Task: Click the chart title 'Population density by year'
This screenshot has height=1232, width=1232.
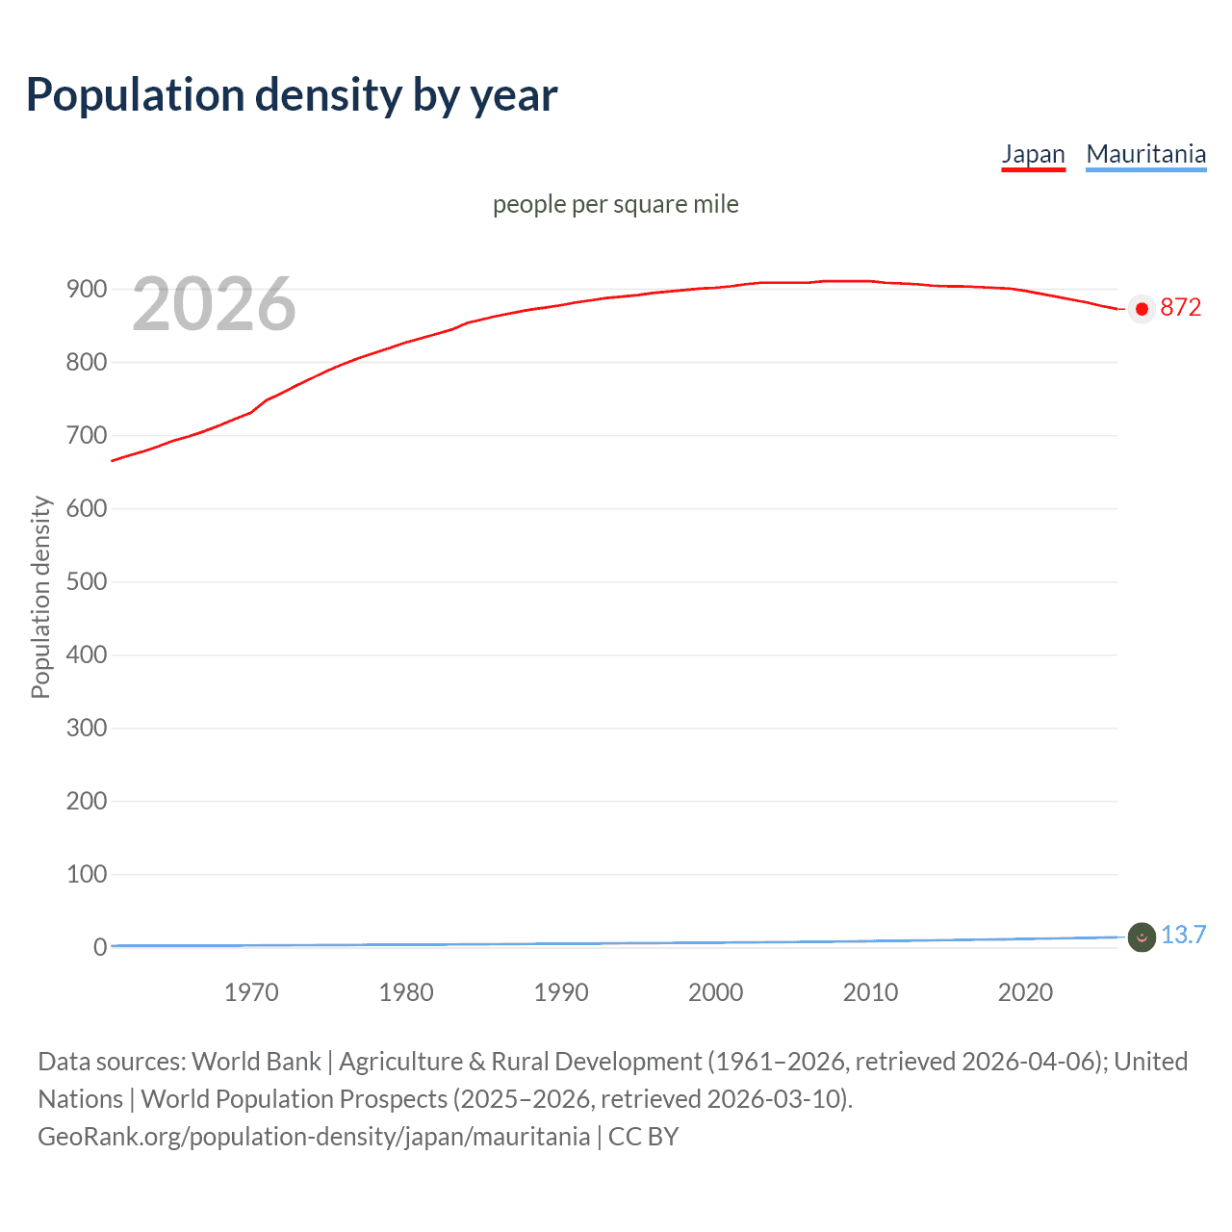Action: point(292,94)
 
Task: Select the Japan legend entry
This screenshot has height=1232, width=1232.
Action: point(1033,154)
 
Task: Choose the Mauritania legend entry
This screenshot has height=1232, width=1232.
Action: point(1145,154)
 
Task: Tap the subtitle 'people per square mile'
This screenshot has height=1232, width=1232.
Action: point(615,204)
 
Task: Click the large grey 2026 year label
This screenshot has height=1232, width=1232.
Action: point(214,304)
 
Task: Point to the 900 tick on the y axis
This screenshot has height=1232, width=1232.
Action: point(87,289)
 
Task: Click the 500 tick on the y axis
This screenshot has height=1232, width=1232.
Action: point(87,581)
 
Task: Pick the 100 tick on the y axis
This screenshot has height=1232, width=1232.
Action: point(87,874)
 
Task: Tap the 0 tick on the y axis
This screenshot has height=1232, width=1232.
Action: point(100,947)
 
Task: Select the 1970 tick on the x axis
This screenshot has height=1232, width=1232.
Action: point(251,992)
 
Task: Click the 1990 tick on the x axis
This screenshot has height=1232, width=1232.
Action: point(561,992)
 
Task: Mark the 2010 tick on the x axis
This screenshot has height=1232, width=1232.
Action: point(870,992)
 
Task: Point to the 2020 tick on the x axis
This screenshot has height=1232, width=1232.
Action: point(1025,992)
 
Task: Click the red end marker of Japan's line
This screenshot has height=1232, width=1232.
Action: point(1142,309)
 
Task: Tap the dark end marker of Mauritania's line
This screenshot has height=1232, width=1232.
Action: point(1142,937)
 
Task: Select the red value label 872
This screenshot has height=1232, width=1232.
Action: point(1181,308)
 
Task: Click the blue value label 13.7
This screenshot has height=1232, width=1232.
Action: point(1183,936)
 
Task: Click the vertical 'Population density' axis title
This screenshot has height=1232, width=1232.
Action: point(40,597)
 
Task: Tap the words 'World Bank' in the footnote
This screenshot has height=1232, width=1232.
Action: point(256,1062)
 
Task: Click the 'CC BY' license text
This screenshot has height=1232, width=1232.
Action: point(643,1137)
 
